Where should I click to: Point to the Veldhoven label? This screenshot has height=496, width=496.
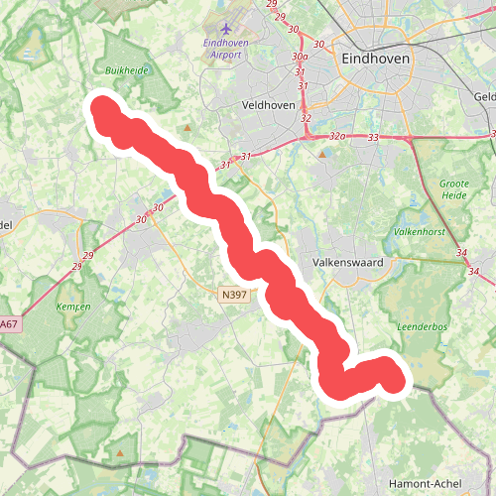point(265,103)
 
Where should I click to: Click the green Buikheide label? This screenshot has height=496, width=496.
point(126,70)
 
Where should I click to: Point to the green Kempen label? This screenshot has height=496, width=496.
point(74,308)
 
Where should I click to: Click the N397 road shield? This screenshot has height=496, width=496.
point(233,295)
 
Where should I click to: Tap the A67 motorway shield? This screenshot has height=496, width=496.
point(9,324)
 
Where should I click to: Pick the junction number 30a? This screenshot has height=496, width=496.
point(300,58)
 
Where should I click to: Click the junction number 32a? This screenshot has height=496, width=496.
point(337,137)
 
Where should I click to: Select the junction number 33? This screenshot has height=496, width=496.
point(373,137)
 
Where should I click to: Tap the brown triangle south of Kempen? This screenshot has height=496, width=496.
point(121,453)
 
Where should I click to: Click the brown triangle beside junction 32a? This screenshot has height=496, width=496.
point(322,154)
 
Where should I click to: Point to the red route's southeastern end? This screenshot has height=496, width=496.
point(395,378)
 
